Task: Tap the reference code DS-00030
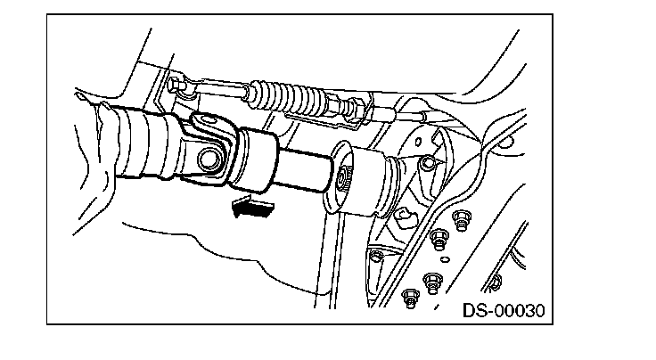pos(504,311)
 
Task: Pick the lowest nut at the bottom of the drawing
pos(411,298)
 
